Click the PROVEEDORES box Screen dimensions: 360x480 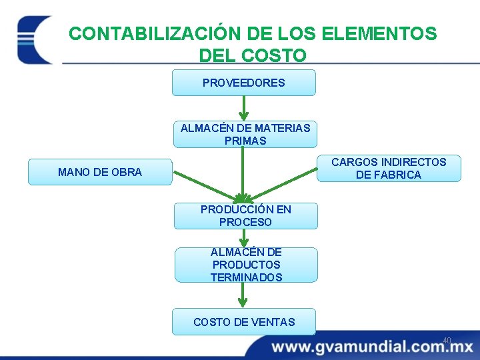(x=243, y=83)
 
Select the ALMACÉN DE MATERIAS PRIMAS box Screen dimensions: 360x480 (x=245, y=134)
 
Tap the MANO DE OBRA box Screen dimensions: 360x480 (x=100, y=172)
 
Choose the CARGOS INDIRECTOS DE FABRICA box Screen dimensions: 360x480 (x=389, y=168)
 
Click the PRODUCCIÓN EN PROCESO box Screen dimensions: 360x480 (x=245, y=215)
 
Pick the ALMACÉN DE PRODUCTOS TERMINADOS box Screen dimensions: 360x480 (x=246, y=265)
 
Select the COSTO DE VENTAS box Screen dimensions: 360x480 (x=244, y=322)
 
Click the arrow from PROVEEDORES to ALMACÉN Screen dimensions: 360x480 (x=244, y=108)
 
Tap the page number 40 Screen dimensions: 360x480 (x=447, y=341)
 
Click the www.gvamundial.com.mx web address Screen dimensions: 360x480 (x=372, y=347)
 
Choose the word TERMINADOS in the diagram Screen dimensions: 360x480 (x=246, y=277)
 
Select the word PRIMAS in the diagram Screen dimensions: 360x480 (x=245, y=141)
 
